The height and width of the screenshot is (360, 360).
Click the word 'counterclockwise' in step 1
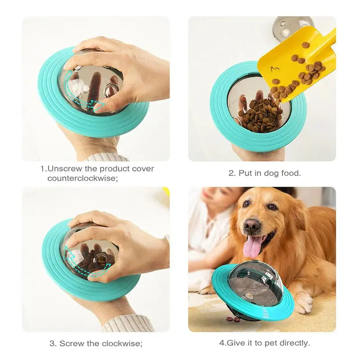pos(85,178)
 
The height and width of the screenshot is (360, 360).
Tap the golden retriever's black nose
pos(252,225)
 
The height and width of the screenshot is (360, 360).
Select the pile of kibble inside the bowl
pos(260,115)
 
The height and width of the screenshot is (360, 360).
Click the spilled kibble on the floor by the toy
pos(233,319)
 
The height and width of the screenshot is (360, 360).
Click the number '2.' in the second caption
pos(232,173)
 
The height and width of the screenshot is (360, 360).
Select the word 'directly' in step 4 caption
pos(294,343)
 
